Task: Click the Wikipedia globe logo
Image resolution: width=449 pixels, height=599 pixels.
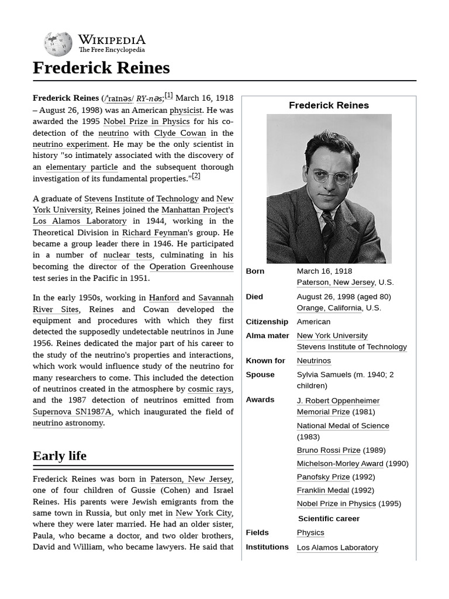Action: [58, 44]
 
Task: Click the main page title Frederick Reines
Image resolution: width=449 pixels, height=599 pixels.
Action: [101, 68]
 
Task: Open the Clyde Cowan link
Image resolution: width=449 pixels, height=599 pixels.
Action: [181, 133]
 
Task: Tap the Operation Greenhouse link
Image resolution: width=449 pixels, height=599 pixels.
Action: [191, 267]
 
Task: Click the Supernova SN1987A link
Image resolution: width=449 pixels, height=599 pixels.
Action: [72, 412]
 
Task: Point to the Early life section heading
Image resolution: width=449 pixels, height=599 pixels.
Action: [60, 456]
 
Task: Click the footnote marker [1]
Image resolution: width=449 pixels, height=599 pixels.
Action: [168, 95]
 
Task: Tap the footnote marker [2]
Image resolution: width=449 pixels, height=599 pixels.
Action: [196, 175]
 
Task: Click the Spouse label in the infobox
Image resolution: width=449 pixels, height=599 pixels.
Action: [260, 374]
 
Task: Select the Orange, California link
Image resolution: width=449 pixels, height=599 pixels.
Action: [329, 308]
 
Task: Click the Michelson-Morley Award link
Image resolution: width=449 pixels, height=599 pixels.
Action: [340, 464]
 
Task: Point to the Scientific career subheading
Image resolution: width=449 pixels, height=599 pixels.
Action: [329, 518]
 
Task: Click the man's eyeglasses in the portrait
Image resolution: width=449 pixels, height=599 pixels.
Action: [331, 175]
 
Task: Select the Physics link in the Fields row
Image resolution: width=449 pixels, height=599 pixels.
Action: [310, 532]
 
